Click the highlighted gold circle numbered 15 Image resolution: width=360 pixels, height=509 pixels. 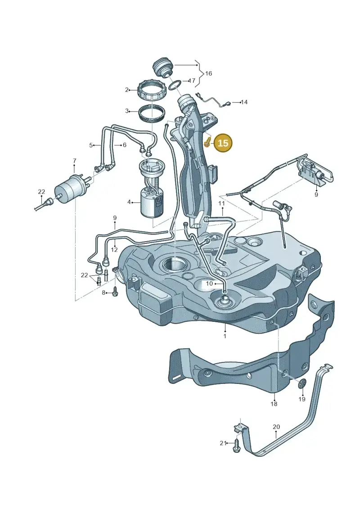[x=223, y=143]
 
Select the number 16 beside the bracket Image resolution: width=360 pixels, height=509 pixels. [x=208, y=74]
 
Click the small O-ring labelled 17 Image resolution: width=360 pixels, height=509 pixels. [x=175, y=85]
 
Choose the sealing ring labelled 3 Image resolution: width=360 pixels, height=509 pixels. [x=152, y=113]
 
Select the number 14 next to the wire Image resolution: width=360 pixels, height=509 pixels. [x=244, y=102]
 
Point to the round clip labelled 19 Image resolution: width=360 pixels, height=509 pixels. [x=302, y=384]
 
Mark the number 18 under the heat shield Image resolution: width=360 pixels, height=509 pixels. [x=274, y=404]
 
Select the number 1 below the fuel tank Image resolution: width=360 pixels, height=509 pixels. [x=225, y=336]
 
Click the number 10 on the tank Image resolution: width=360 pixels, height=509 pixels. [x=209, y=284]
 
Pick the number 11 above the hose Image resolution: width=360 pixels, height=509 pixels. [x=221, y=203]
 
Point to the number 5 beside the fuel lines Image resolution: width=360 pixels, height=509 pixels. [x=91, y=145]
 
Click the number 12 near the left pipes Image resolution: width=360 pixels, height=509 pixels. [x=114, y=250]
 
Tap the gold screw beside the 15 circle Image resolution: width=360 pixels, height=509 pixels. [x=207, y=143]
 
